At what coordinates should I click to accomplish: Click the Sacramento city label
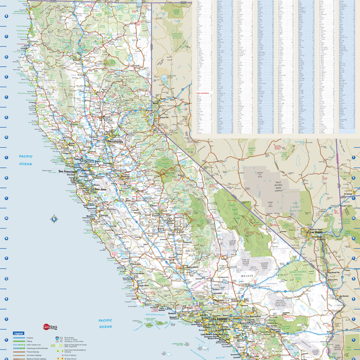point(115,142)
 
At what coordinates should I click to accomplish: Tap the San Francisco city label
point(68,171)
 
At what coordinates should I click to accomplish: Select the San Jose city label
point(100,189)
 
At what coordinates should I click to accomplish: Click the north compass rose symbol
point(54,219)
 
